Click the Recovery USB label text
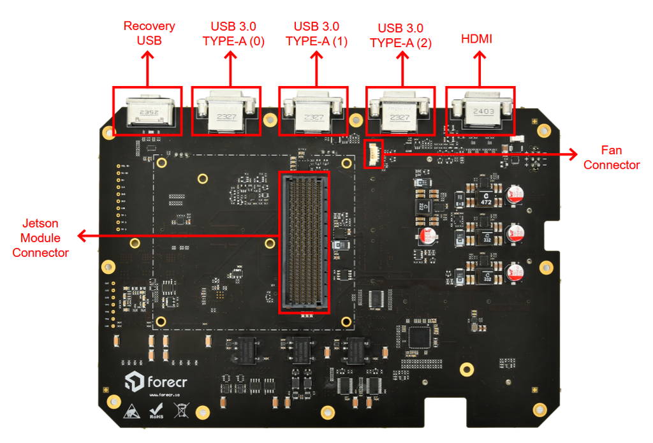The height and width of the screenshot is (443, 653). (x=149, y=33)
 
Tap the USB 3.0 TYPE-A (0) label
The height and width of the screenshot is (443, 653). (x=233, y=34)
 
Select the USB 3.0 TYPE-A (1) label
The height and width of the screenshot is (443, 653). (x=316, y=34)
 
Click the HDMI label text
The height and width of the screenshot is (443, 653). (x=476, y=40)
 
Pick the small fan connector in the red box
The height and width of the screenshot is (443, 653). (x=374, y=154)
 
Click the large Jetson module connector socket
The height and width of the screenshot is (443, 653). (x=305, y=243)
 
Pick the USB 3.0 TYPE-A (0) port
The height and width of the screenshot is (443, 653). (x=226, y=112)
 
